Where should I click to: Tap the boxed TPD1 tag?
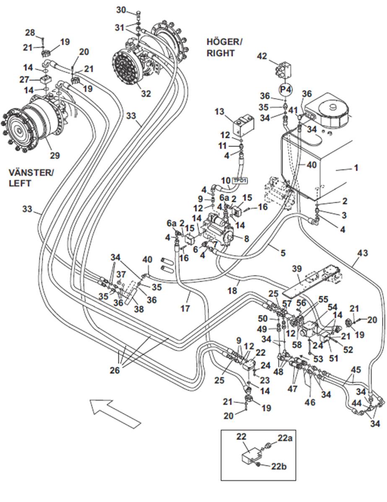[240, 181]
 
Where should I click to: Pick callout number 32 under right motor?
[145, 93]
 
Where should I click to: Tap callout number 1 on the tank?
[356, 168]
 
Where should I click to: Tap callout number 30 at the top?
[121, 10]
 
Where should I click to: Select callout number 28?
[29, 33]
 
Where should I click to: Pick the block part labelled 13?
[243, 123]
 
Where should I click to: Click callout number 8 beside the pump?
[247, 239]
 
